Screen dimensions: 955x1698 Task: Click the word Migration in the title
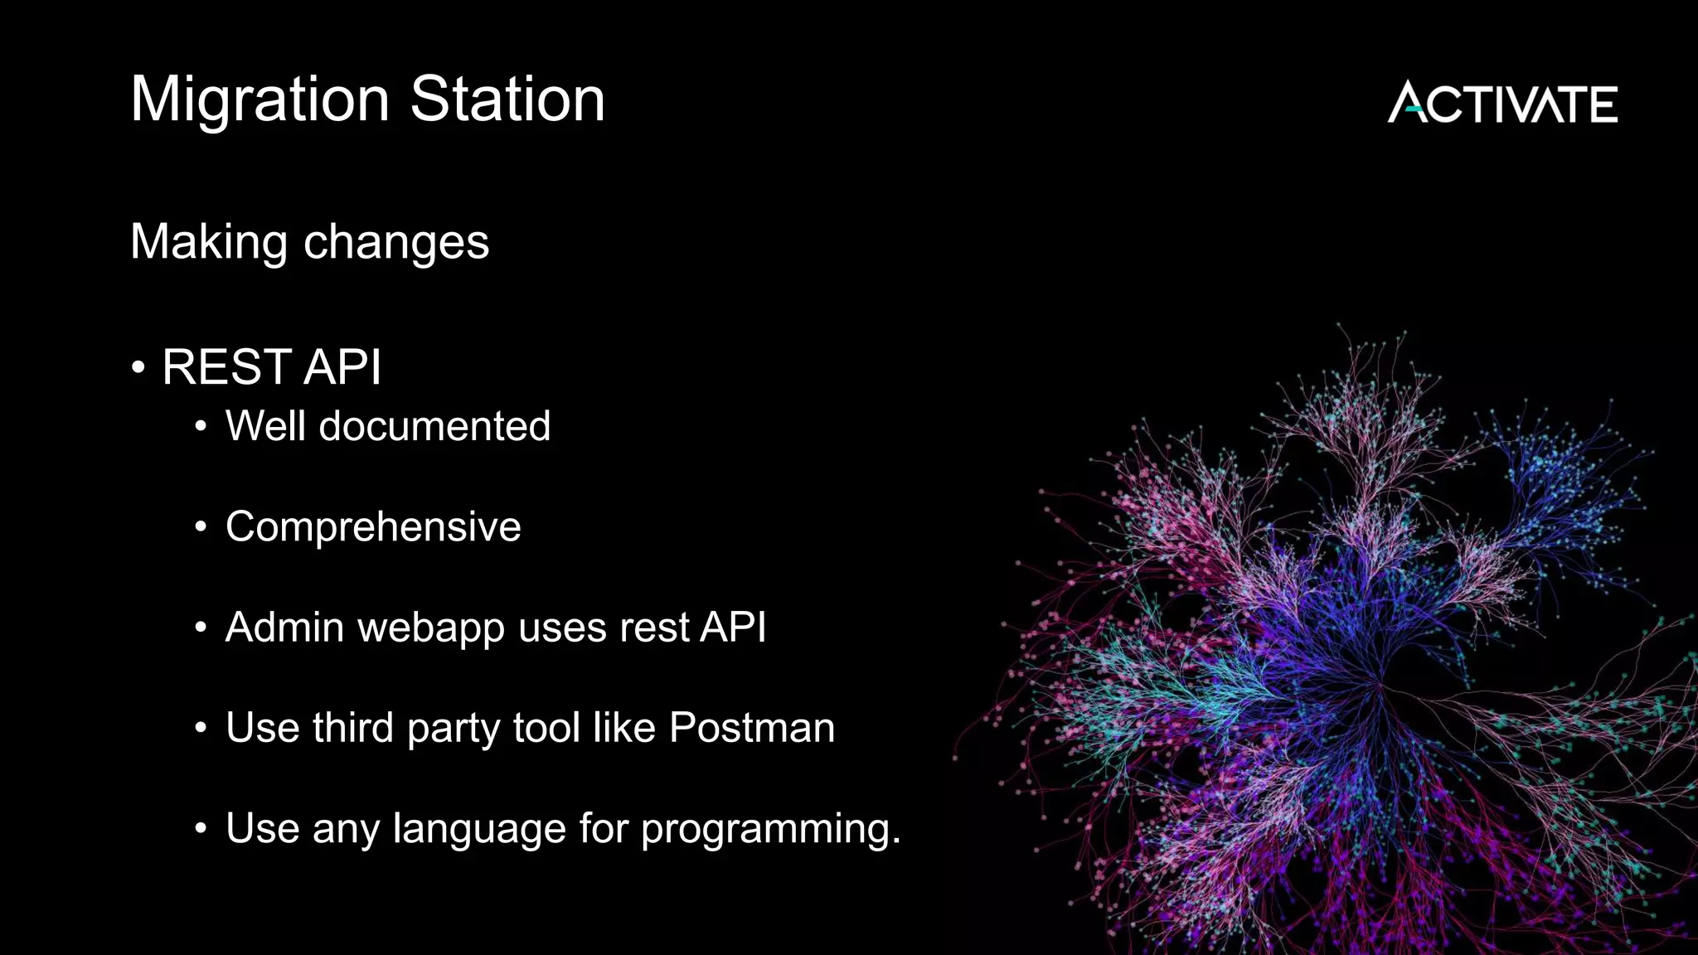coord(260,100)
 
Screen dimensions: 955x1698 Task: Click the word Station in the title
coord(507,99)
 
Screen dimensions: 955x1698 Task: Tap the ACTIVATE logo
coord(1502,103)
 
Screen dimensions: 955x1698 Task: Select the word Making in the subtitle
coord(209,242)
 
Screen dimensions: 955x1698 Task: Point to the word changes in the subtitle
coord(396,243)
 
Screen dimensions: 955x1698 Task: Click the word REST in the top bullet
coord(226,366)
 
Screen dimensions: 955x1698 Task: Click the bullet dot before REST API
coord(138,366)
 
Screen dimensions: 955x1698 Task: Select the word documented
coord(434,426)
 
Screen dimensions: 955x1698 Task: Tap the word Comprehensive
coord(373,526)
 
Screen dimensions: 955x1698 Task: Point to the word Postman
coord(751,727)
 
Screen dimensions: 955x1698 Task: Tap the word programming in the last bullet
coord(769,829)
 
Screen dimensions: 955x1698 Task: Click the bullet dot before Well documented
coord(201,427)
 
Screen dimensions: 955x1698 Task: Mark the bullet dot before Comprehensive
coord(201,527)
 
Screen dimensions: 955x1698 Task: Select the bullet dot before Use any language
coord(201,828)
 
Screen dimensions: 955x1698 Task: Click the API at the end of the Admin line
coord(733,627)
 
